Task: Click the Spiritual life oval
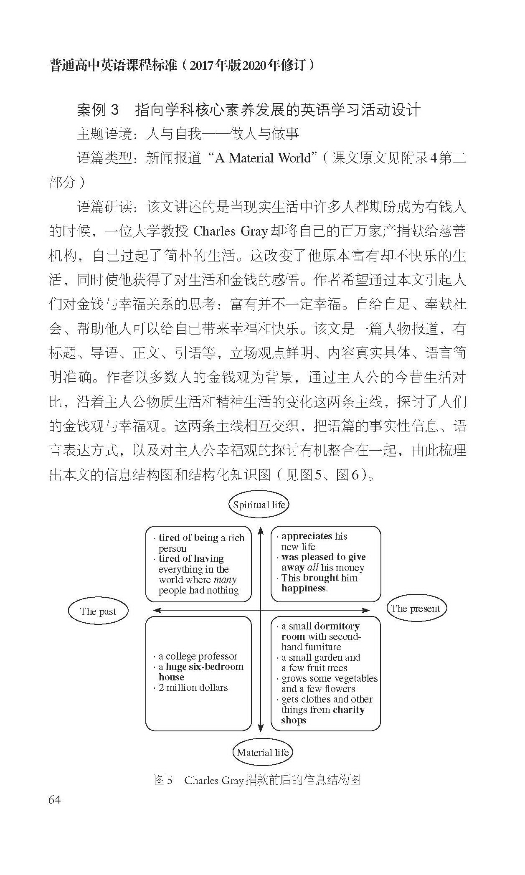point(259,505)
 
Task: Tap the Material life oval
point(262,752)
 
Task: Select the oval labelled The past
point(98,611)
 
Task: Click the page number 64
point(55,799)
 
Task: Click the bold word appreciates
point(307,536)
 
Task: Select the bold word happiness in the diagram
point(304,588)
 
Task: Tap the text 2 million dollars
point(193,687)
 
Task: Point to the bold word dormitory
point(337,626)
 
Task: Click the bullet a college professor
point(198,656)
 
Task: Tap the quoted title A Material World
point(263,158)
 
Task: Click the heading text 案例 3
point(98,110)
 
